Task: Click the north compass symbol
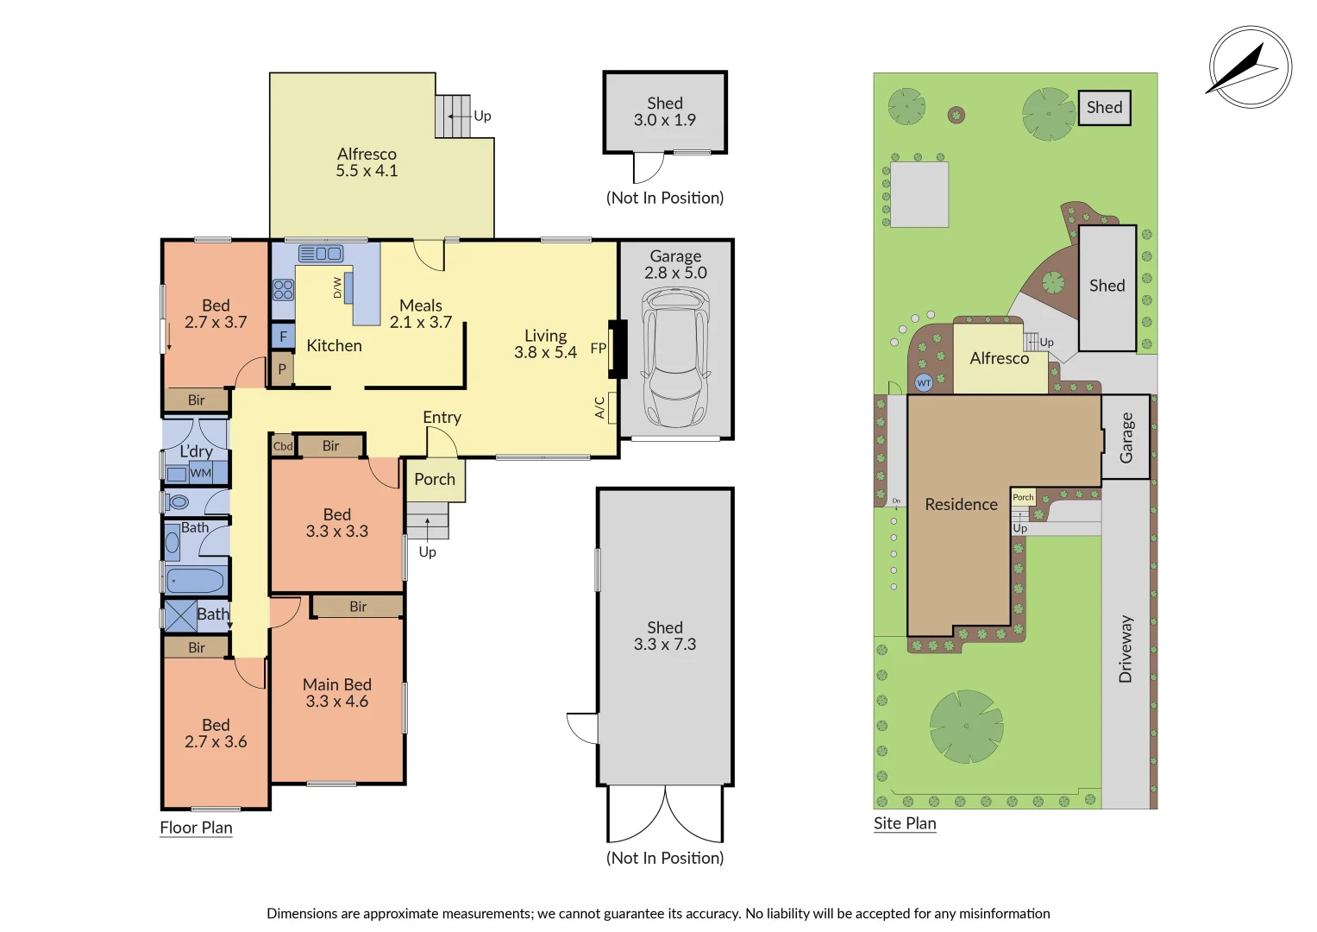click(1250, 67)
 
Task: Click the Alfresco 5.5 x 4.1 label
click(367, 162)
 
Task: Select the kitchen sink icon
click(321, 254)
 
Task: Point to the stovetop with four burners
click(283, 289)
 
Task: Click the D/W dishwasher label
click(337, 287)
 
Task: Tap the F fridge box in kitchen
click(283, 337)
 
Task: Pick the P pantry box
click(282, 369)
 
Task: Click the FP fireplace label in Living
click(598, 349)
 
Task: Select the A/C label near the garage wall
click(600, 407)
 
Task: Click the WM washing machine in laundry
click(200, 473)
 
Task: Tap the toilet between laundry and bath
click(179, 501)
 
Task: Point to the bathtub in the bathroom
click(195, 581)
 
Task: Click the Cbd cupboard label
click(283, 446)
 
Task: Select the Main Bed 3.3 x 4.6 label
click(336, 693)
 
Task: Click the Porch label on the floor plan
click(435, 480)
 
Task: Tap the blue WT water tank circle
click(924, 382)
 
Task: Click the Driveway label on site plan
click(1126, 649)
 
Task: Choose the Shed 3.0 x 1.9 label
click(664, 111)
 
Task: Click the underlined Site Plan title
click(905, 823)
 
